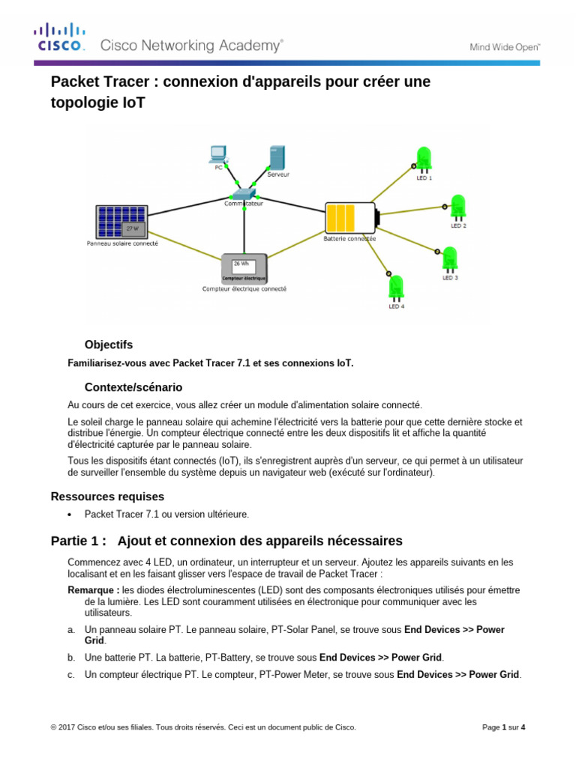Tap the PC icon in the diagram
tap(217, 155)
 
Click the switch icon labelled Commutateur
tap(245, 192)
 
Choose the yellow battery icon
tap(350, 218)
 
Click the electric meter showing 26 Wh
tap(244, 267)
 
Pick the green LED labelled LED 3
tap(450, 259)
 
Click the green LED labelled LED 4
tap(395, 288)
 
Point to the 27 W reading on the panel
tap(132, 227)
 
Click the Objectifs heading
tap(109, 345)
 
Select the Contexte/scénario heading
tap(133, 387)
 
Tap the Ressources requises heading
tap(107, 497)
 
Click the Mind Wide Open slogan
tap(505, 46)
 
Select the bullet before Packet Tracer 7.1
tap(70, 515)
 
